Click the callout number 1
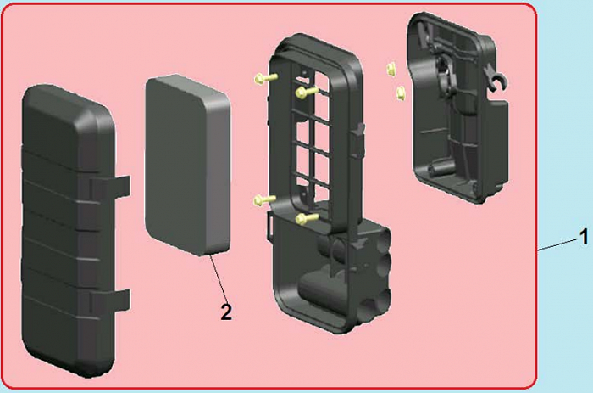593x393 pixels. click(x=584, y=237)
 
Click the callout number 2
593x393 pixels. click(x=226, y=312)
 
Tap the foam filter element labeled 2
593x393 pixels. click(x=188, y=166)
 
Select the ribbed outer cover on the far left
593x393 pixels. click(x=72, y=231)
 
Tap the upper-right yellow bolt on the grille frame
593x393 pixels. click(x=307, y=92)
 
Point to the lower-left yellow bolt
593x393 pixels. click(x=265, y=199)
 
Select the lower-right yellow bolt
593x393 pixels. click(x=307, y=218)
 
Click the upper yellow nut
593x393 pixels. click(x=391, y=69)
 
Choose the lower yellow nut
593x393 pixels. click(x=401, y=93)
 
